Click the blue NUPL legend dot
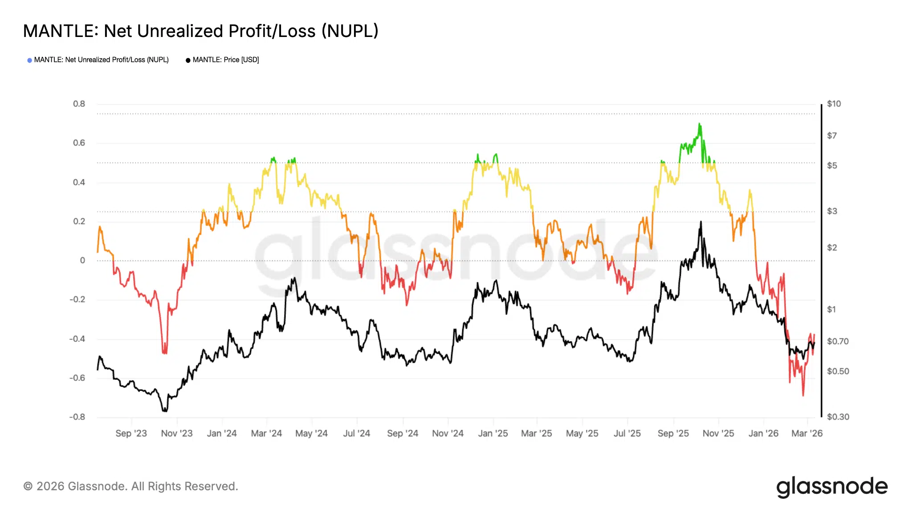click(29, 60)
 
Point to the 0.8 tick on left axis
click(79, 104)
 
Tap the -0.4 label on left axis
click(77, 339)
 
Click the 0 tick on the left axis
click(82, 261)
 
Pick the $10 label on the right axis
click(834, 104)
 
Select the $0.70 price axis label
click(838, 342)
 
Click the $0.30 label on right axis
click(838, 417)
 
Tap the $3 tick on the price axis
click(832, 211)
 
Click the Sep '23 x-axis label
click(131, 433)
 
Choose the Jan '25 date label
click(493, 433)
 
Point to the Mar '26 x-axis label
click(806, 433)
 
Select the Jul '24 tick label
click(356, 433)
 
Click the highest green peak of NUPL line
click(699, 124)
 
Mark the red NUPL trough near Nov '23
click(165, 353)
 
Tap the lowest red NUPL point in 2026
click(803, 395)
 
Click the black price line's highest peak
click(700, 222)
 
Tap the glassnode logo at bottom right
click(831, 487)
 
